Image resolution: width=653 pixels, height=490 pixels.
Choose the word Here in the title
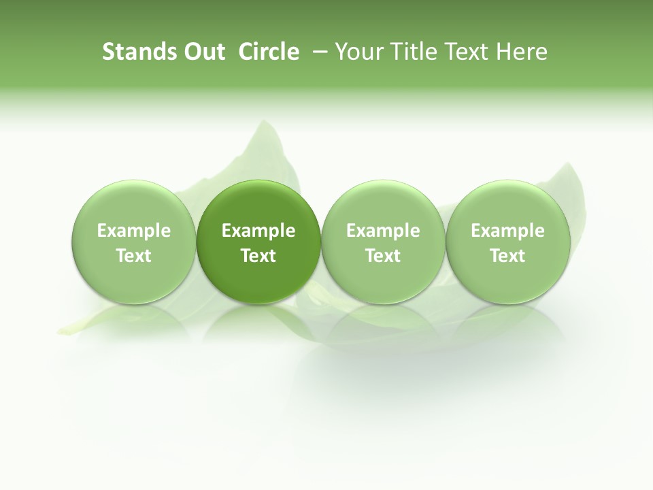(x=522, y=52)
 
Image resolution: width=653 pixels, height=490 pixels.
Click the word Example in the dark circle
(x=258, y=231)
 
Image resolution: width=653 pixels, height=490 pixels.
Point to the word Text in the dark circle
(x=258, y=256)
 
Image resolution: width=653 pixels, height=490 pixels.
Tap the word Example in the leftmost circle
(x=134, y=231)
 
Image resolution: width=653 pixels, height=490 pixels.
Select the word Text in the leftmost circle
(x=134, y=256)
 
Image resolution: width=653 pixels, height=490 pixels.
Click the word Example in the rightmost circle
(x=507, y=231)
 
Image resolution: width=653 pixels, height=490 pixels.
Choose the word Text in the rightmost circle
(x=507, y=256)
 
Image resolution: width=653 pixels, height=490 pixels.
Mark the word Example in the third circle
(x=383, y=231)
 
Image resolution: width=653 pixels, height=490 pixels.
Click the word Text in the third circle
(x=383, y=256)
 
